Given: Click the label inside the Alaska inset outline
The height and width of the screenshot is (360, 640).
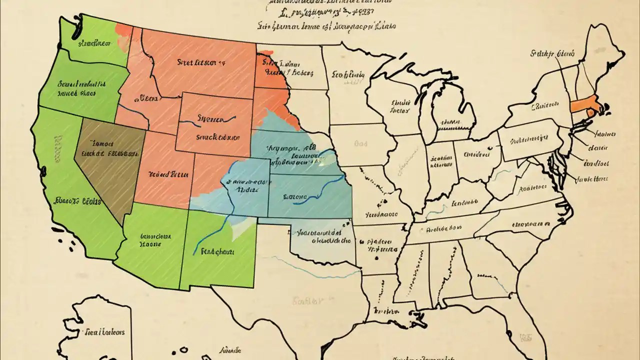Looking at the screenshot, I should pyautogui.click(x=104, y=331).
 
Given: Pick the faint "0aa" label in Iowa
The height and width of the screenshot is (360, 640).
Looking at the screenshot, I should pyautogui.click(x=361, y=143).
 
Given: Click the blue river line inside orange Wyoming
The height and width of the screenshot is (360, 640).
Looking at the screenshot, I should pyautogui.click(x=207, y=120).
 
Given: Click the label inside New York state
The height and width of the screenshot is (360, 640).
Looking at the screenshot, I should pyautogui.click(x=544, y=105).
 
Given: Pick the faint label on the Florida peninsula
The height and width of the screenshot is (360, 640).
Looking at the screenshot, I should pyautogui.click(x=524, y=337).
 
